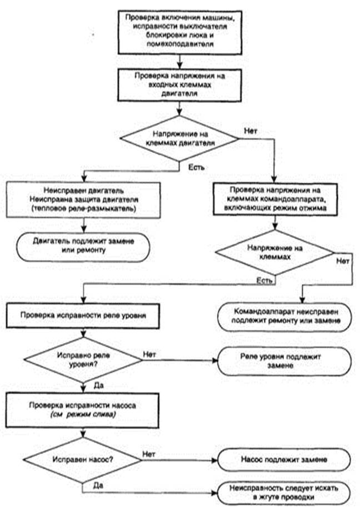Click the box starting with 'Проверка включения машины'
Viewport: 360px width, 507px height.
(180, 32)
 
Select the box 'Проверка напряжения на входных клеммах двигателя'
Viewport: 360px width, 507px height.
(179, 85)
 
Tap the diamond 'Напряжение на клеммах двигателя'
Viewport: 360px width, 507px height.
(179, 138)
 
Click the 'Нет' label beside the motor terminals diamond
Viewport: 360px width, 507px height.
(251, 131)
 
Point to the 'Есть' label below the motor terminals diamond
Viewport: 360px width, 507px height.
(196, 167)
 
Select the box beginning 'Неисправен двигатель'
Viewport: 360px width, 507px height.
(83, 200)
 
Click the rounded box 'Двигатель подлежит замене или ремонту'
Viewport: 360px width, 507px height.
(83, 247)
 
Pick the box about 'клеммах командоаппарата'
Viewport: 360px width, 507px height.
(275, 199)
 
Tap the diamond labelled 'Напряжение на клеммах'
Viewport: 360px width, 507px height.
(275, 252)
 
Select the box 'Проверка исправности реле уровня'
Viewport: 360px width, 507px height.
(83, 315)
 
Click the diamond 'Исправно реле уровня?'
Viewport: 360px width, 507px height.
(83, 360)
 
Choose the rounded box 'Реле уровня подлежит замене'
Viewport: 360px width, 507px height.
(284, 362)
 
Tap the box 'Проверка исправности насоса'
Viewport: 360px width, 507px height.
(82, 410)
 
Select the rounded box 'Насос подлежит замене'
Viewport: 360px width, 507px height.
(284, 460)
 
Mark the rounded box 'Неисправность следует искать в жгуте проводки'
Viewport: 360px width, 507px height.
(284, 493)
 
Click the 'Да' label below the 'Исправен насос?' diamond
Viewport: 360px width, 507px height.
(98, 485)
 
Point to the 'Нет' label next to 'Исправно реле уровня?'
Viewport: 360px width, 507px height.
(149, 354)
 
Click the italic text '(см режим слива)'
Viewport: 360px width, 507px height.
(83, 415)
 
